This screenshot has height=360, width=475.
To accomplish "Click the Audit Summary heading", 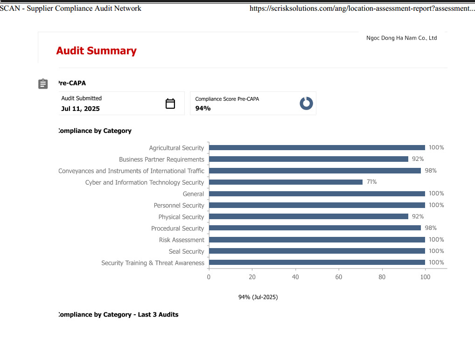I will click(96, 51).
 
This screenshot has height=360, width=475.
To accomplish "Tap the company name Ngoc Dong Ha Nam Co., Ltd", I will click(401, 38).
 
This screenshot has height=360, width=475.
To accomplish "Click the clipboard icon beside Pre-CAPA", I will click(43, 84).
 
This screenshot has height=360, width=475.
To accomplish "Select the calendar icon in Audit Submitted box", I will click(170, 104).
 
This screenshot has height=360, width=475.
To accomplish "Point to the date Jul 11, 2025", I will click(80, 109).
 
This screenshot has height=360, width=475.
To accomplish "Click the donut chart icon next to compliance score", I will click(306, 104).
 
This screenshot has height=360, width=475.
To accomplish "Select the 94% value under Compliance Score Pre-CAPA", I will click(203, 109).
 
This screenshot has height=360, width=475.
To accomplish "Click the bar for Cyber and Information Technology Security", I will click(286, 182).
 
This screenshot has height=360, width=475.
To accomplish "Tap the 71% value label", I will click(371, 182).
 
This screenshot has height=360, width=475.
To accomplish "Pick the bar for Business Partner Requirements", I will click(308, 159).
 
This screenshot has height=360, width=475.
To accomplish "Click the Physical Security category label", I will click(181, 217).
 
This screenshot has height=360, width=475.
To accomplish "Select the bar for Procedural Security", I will click(314, 228).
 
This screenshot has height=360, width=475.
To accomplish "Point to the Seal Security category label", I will click(186, 251).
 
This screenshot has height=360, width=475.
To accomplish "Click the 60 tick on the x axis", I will click(339, 277).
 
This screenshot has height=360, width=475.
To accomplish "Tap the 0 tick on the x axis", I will click(209, 277).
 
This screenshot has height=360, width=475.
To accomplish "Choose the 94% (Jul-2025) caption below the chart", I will click(258, 297).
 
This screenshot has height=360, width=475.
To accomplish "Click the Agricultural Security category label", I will click(176, 148).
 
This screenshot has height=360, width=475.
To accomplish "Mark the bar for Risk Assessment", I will click(317, 240).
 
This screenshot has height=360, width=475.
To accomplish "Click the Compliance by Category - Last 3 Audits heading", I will click(118, 315).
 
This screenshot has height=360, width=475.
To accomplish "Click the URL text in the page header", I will click(362, 8).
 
